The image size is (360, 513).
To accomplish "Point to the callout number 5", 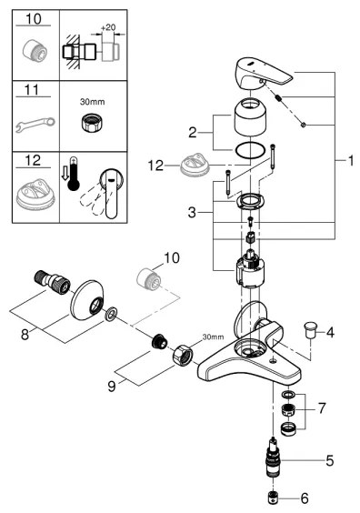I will click(329, 461).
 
